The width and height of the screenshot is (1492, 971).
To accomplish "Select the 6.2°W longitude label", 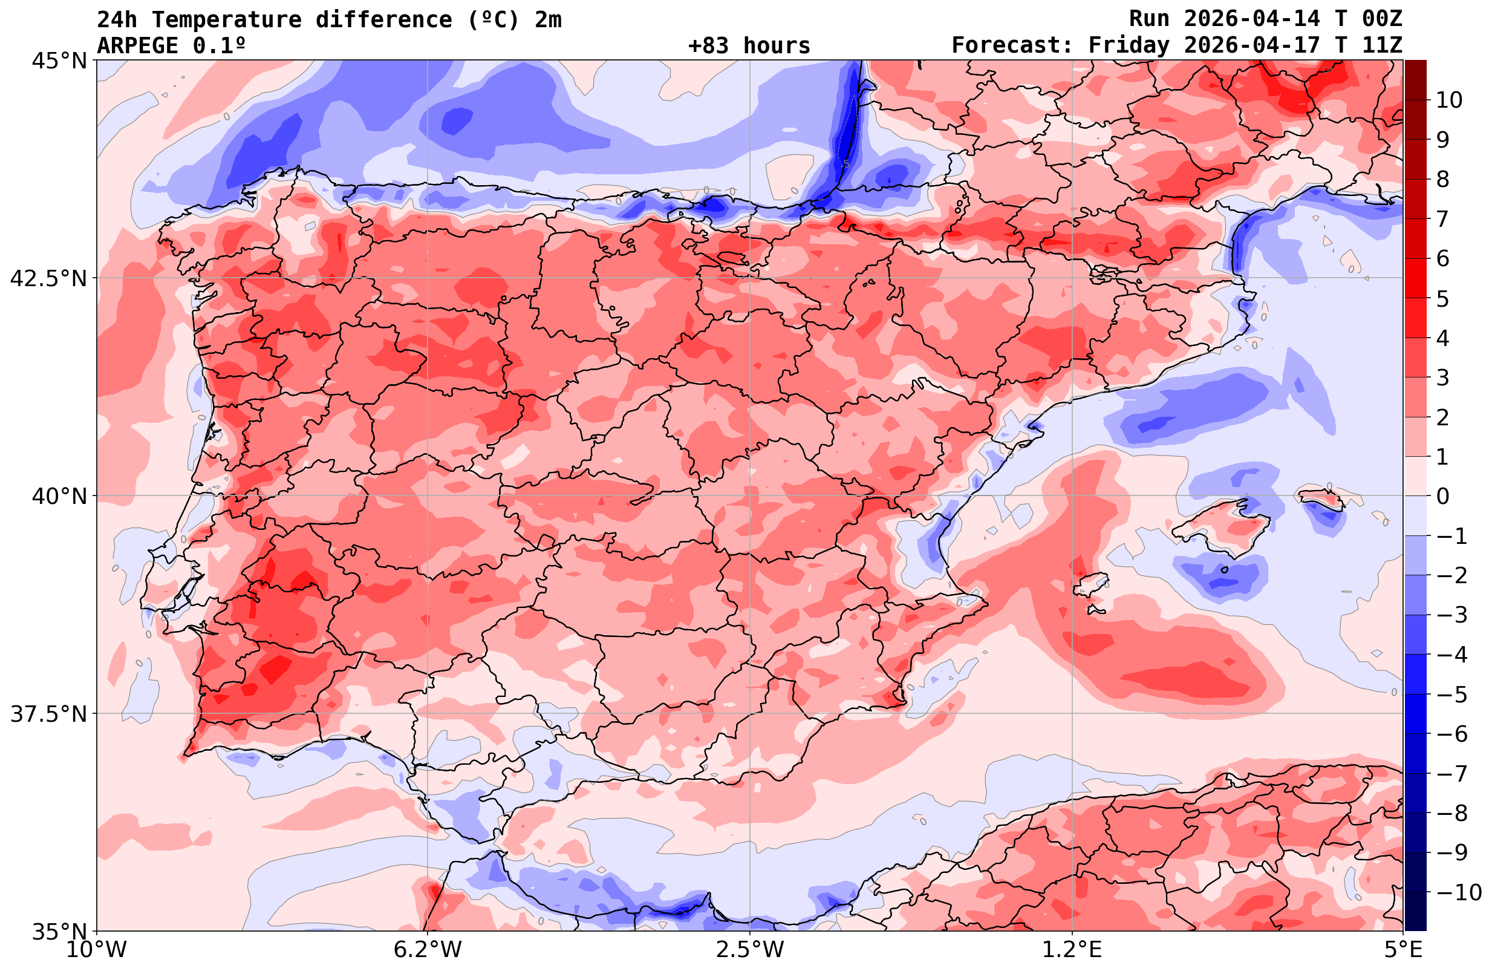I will click(427, 950).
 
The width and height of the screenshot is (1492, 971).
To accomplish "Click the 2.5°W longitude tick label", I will click(750, 950).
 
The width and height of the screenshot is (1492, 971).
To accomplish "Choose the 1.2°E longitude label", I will click(1072, 950).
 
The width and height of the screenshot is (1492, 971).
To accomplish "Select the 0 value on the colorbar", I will click(1442, 496).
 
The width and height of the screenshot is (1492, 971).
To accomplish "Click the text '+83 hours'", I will click(749, 46).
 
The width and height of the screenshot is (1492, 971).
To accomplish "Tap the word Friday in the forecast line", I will click(1129, 46).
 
